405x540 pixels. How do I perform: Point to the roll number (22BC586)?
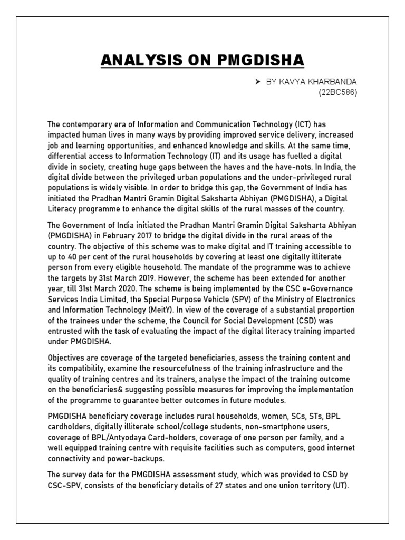[337, 93]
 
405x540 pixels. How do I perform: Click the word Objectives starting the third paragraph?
[66, 358]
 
